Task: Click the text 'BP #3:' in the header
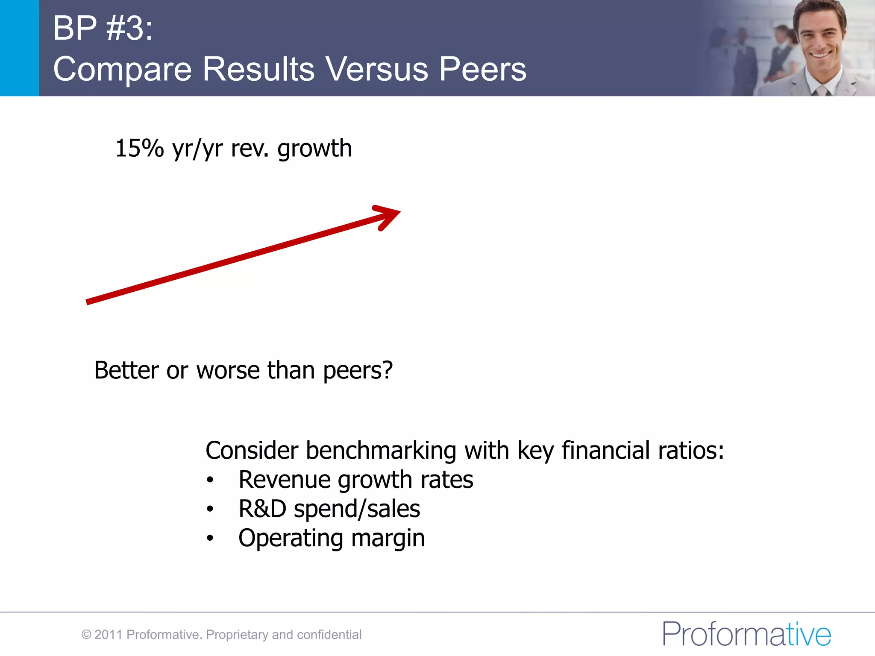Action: point(103,28)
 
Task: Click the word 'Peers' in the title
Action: point(483,69)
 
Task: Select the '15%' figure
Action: point(139,149)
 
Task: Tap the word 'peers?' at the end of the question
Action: point(358,371)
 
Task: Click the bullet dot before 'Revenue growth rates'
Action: point(210,480)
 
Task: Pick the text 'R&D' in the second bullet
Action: point(262,509)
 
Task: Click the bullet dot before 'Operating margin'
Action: point(210,539)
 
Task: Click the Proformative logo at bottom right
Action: point(746,634)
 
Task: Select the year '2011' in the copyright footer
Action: point(109,635)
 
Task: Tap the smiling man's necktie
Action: point(821,90)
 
